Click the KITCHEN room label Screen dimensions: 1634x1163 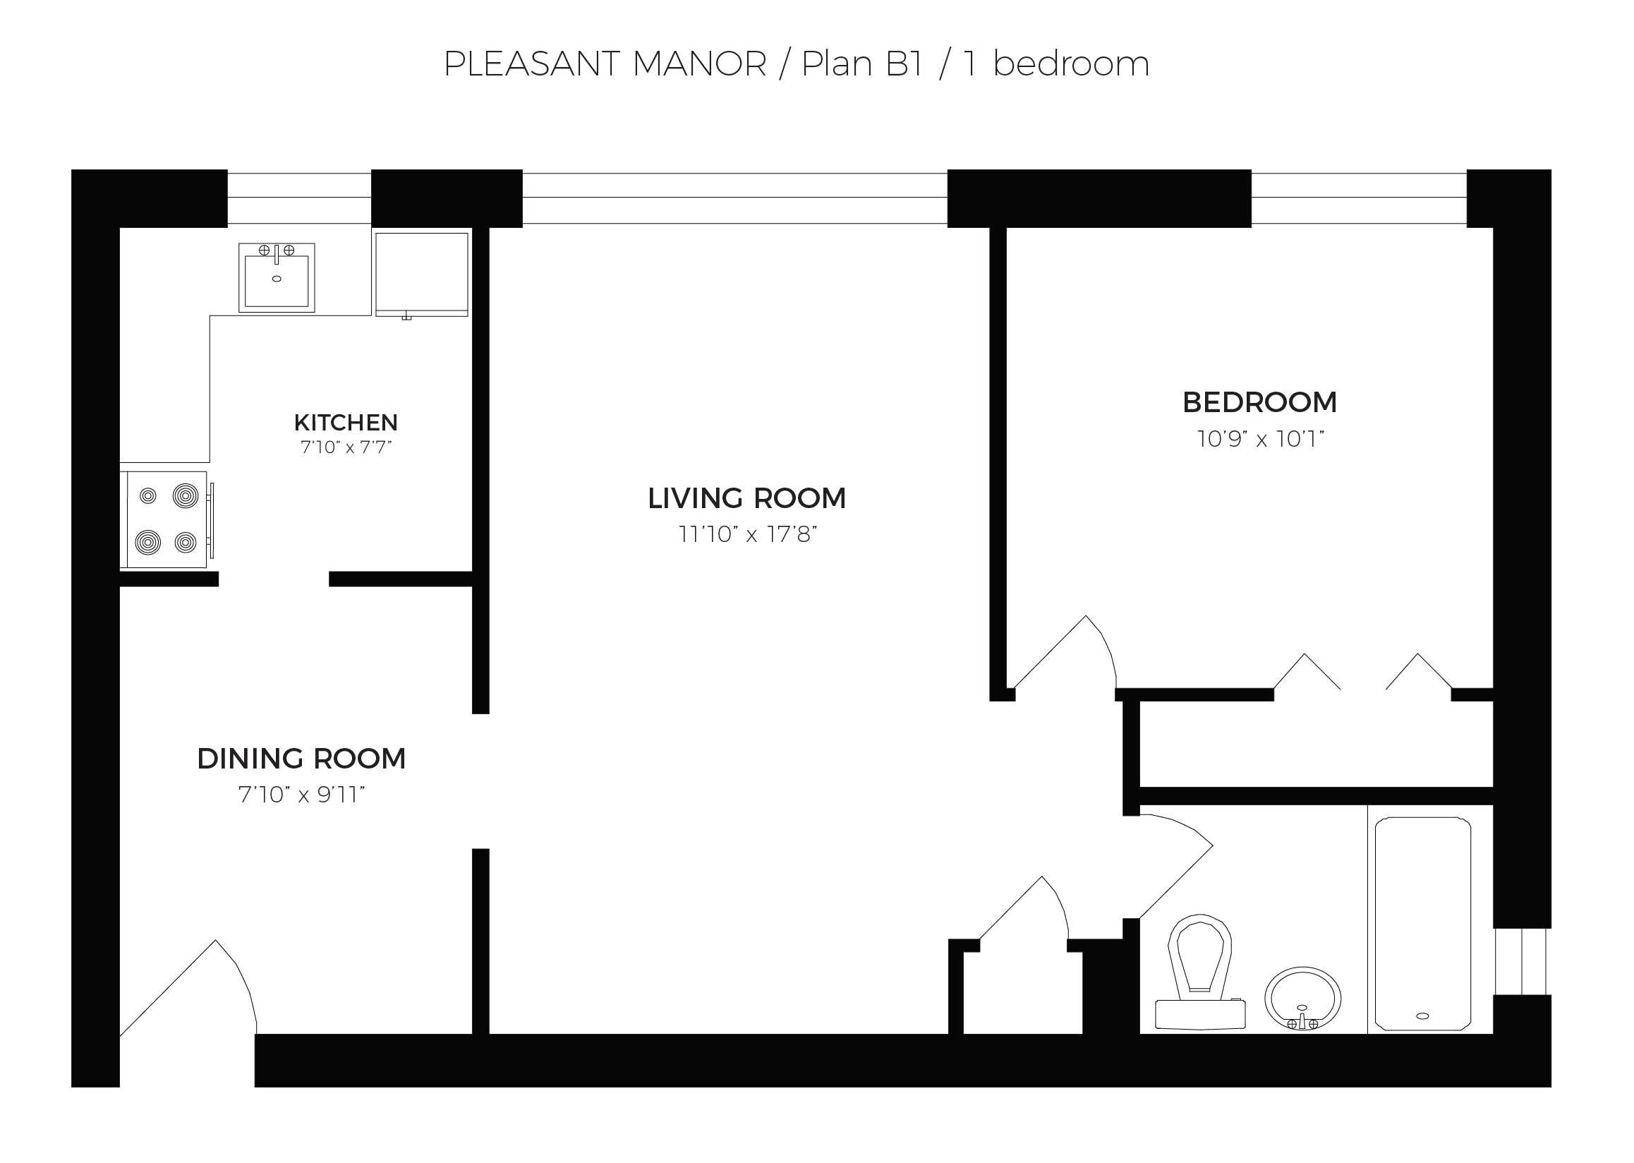click(x=346, y=423)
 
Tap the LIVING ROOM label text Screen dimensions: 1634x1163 click(x=747, y=498)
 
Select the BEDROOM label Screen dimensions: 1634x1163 click(x=1259, y=402)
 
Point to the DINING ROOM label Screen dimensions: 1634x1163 click(x=301, y=759)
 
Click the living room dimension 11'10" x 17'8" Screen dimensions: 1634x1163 click(x=748, y=534)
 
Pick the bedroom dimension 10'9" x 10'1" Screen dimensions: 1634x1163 click(x=1260, y=438)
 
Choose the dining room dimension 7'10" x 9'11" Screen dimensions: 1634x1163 click(x=301, y=795)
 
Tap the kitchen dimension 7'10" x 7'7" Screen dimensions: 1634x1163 click(x=346, y=447)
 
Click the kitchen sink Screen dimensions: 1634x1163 click(x=277, y=277)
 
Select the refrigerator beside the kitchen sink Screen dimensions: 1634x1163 click(x=422, y=274)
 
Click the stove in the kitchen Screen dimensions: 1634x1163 click(x=167, y=519)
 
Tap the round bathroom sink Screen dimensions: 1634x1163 click(x=1302, y=999)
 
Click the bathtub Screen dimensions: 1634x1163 click(x=1423, y=924)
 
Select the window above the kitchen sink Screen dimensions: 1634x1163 click(x=299, y=198)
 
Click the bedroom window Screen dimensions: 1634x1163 click(x=1358, y=198)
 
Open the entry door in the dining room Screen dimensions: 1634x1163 click(x=188, y=988)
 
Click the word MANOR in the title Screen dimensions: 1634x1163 click(x=700, y=64)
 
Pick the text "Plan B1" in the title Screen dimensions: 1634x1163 click(x=861, y=64)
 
